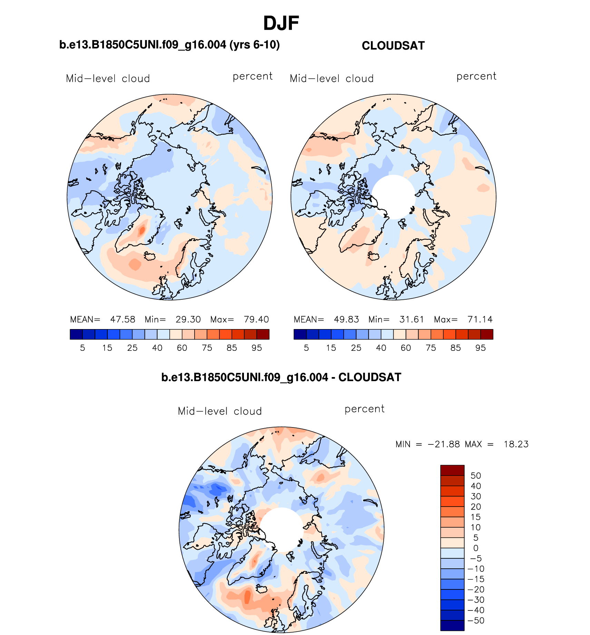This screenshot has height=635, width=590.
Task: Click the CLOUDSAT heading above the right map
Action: coord(393,46)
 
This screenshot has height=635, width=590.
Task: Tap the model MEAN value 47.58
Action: coord(122,319)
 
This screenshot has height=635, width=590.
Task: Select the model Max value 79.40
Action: coord(256,319)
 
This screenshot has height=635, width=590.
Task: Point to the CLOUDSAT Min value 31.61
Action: coord(411,319)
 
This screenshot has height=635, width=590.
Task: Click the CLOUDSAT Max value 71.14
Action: coord(480,319)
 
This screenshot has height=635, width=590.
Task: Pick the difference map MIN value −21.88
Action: coord(444,444)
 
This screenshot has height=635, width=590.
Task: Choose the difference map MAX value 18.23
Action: coord(516,444)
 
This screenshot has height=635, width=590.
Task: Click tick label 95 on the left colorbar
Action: coord(257,348)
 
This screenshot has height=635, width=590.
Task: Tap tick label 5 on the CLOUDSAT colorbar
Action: coord(306,348)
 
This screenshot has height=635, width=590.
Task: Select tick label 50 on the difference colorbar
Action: coord(476,475)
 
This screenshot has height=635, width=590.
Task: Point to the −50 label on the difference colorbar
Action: coord(476,620)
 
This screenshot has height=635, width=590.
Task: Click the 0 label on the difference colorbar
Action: coord(476,548)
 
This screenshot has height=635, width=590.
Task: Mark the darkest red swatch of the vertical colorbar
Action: coord(452,470)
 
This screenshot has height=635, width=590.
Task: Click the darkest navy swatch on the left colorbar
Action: coord(76,334)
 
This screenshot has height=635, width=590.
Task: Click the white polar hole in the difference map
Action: coord(282,529)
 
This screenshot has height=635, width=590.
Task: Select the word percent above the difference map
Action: coord(364,409)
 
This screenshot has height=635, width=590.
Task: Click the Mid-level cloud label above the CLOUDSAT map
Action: coord(332,79)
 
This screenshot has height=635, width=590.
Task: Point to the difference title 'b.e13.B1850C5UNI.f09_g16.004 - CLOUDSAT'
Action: coord(281,377)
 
